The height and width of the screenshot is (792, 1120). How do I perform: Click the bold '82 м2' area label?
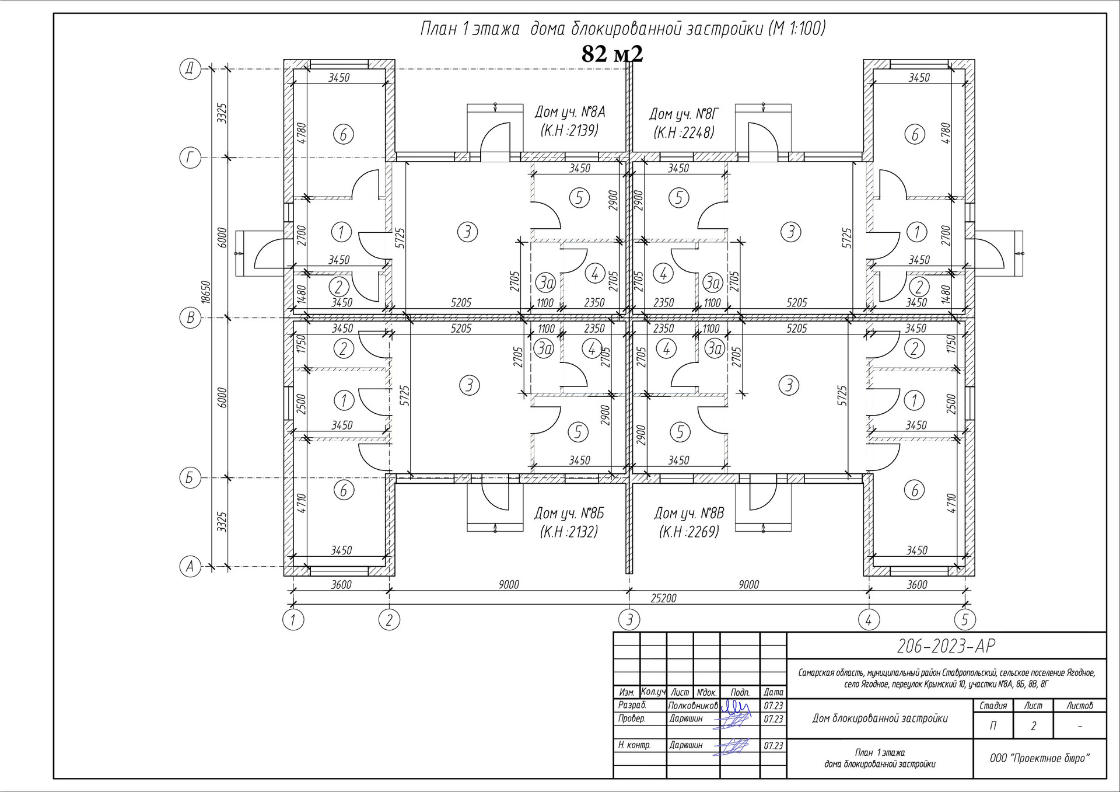pos(612,54)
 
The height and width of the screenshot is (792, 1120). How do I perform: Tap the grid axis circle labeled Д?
pos(190,69)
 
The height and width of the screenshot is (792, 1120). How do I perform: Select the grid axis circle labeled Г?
pos(190,158)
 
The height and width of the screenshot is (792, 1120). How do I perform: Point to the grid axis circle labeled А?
pos(190,566)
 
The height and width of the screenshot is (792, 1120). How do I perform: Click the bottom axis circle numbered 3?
pos(629,619)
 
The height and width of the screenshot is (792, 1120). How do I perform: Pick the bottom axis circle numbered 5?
pos(964,619)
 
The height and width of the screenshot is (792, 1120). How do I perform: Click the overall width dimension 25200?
pos(663,598)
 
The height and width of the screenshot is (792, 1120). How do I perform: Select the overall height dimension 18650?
pos(205,292)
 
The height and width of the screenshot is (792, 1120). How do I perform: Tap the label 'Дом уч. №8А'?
pos(569,112)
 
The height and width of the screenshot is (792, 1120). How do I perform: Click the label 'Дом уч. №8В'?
pos(689,514)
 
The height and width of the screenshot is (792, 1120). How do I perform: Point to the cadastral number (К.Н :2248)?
pos(684,132)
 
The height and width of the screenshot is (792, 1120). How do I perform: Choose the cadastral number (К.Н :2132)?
pos(569,532)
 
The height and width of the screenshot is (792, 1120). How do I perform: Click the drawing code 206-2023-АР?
pos(946,646)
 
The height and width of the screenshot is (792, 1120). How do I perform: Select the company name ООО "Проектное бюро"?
pos(1039,758)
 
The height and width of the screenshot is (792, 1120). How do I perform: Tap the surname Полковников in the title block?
pos(693,706)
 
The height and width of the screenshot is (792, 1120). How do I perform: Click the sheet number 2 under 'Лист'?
pos(1033,725)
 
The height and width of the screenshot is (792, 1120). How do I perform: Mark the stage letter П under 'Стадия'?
pos(993,725)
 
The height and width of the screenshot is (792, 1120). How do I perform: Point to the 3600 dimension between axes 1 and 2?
pos(341,584)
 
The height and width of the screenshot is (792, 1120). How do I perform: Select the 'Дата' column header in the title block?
pos(773,692)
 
